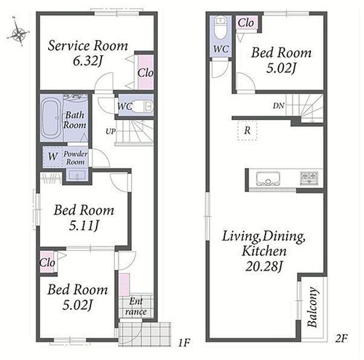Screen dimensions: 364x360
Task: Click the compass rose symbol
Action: coord(18,32)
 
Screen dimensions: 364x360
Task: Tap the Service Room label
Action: coord(87,46)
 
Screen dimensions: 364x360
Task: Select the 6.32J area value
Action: coord(87,61)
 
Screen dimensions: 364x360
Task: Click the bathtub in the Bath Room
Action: coord(50,118)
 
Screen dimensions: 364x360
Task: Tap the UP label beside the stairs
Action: coord(111,132)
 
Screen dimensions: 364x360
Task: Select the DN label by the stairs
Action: coord(279,105)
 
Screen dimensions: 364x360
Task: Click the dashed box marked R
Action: coord(247,130)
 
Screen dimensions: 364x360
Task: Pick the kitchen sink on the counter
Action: coord(268,179)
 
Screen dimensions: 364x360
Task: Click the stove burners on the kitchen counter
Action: coord(309,178)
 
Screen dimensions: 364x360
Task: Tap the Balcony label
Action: coord(312,307)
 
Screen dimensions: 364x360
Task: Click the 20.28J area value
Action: coord(264,266)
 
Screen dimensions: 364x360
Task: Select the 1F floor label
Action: coord(184,343)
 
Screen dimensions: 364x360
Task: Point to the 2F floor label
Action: coord(341,338)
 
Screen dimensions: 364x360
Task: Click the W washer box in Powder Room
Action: coord(53,156)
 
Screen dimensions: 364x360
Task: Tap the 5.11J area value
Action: coord(84,225)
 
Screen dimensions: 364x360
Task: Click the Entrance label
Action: coord(136,306)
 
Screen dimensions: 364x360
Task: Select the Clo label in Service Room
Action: coord(146,73)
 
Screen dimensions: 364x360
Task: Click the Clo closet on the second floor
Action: coord(246,23)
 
